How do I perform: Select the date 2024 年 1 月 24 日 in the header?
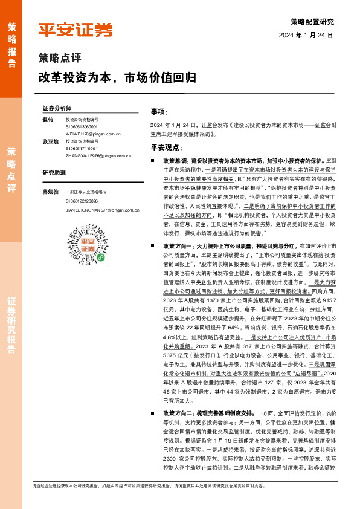pyautogui.click(x=306, y=36)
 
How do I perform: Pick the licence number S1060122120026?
pyautogui.click(x=82, y=200)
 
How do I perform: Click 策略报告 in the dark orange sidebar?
pyautogui.click(x=11, y=41)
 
